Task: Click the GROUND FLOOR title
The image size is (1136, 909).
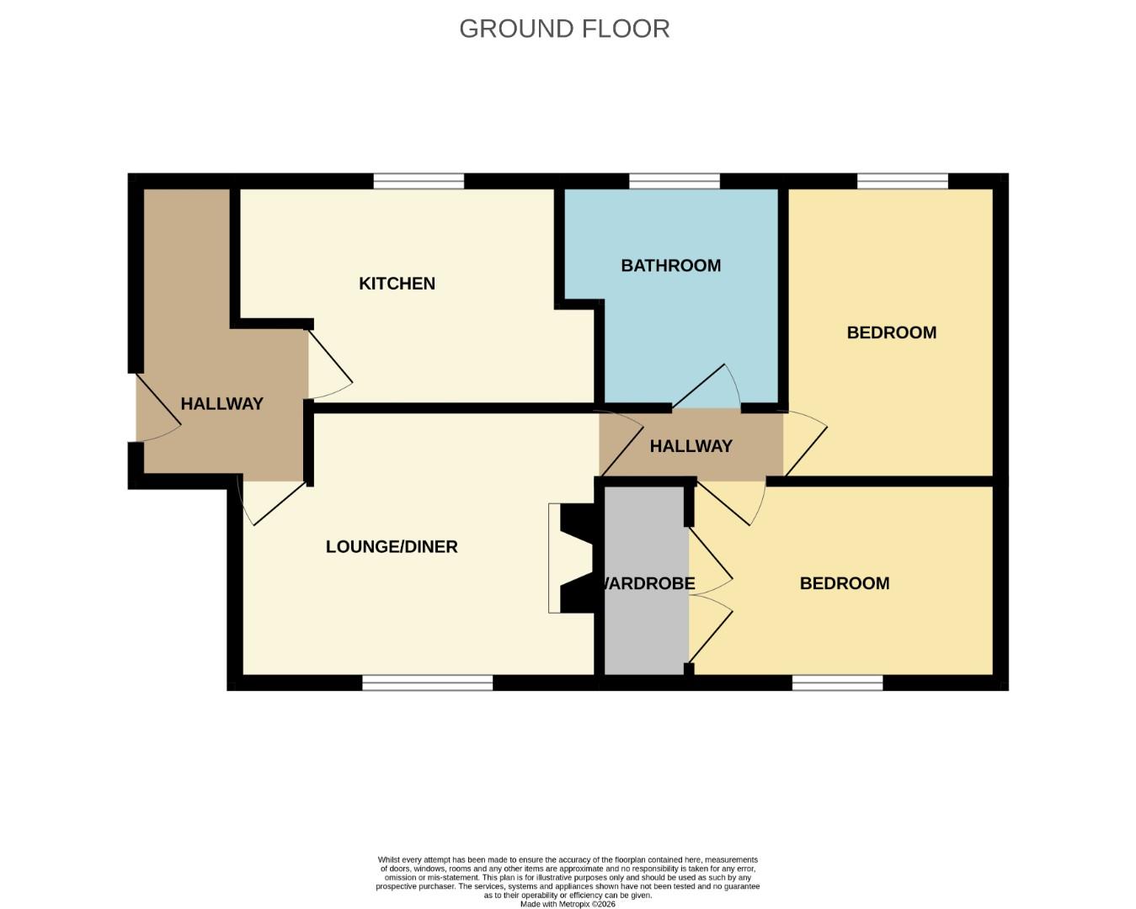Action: pos(564,29)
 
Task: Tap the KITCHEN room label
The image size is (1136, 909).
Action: pos(397,284)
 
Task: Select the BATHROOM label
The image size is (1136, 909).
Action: pos(670,266)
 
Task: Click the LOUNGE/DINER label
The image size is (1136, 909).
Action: pos(392,547)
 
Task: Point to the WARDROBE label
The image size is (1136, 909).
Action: pos(647,583)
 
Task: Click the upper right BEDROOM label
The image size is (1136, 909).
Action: pos(891,332)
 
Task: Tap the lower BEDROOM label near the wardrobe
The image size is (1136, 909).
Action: pos(844,583)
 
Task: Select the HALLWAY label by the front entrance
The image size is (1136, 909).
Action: pos(221,404)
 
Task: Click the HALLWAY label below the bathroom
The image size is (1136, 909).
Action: pos(691,446)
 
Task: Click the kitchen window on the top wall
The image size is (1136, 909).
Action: pos(419,181)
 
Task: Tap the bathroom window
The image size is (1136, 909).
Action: pos(674,181)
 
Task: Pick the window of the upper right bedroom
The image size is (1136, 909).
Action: pos(902,181)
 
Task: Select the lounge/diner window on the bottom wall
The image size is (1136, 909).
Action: pos(427,683)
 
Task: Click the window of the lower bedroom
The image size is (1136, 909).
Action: pos(837,683)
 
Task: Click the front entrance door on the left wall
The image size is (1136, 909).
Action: pos(157,407)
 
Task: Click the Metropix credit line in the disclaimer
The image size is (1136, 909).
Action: pos(568,904)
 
